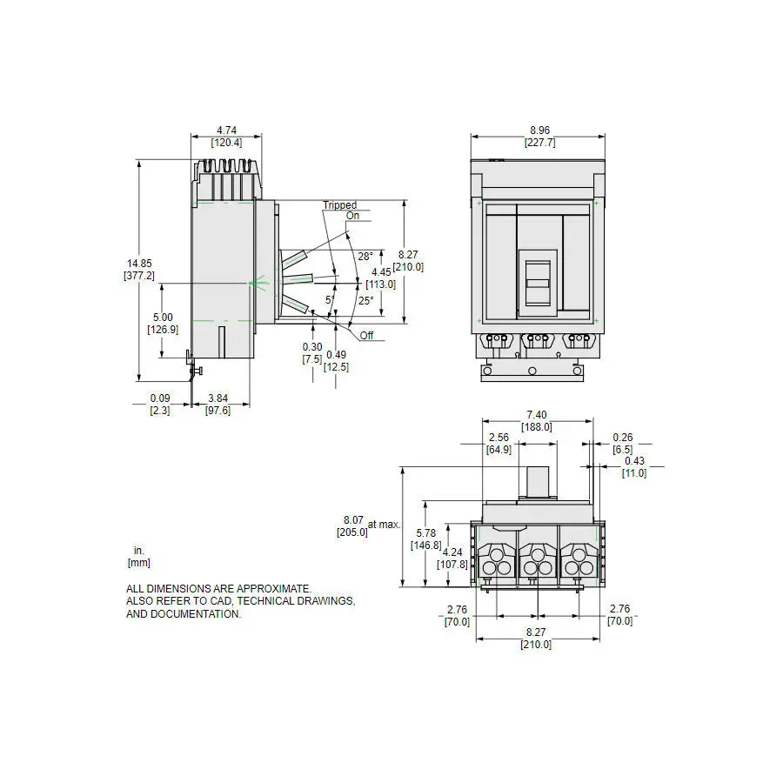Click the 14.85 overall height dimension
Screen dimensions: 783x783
139,263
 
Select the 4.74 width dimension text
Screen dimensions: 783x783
227,130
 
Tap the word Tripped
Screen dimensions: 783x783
339,204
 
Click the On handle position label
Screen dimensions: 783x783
352,216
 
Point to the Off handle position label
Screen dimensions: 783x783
366,336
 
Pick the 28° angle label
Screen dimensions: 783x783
365,256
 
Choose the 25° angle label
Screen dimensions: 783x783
366,301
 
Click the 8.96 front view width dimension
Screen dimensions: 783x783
539,130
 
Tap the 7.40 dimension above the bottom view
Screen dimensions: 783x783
537,415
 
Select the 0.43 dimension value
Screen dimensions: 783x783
635,461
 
